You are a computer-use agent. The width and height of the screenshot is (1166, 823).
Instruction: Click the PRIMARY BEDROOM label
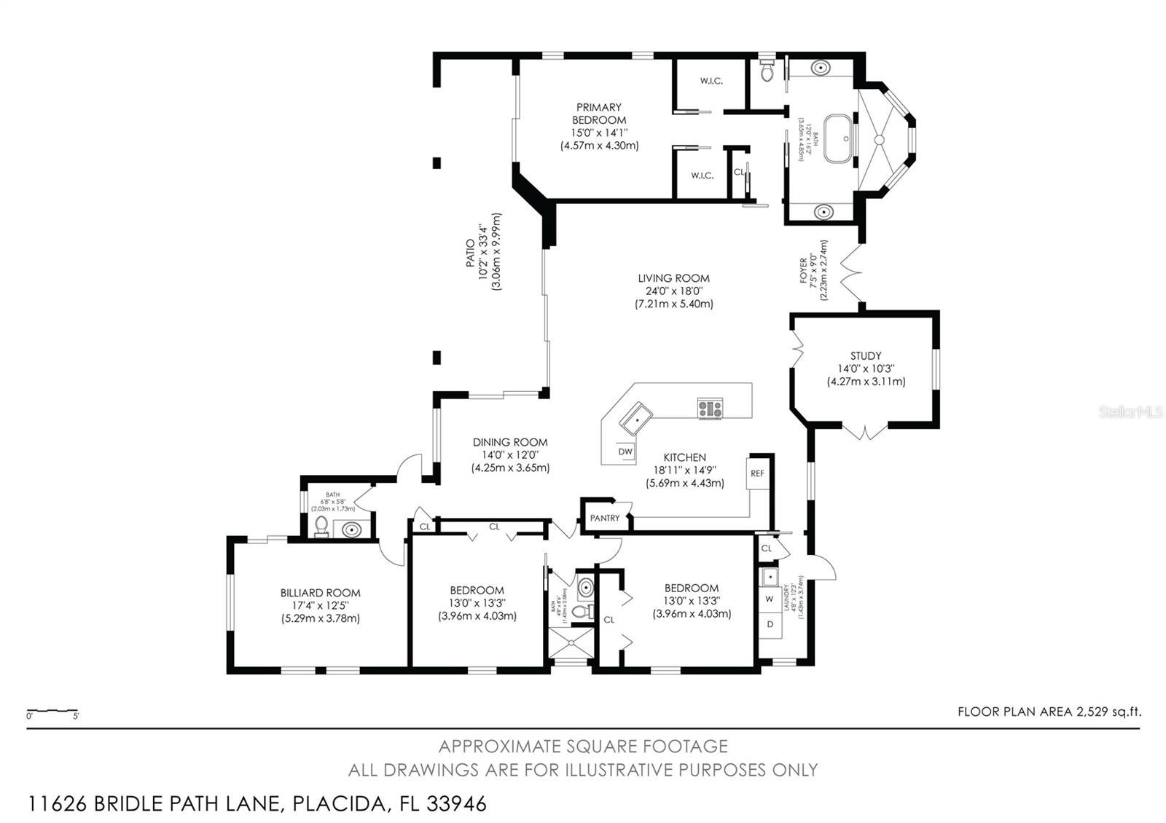point(598,114)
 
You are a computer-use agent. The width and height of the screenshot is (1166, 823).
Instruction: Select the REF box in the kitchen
point(757,473)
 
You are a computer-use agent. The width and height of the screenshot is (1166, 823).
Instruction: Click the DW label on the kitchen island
point(625,452)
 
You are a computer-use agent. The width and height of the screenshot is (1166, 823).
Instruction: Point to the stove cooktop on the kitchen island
point(710,409)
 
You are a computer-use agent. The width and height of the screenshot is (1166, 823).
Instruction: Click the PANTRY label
point(605,518)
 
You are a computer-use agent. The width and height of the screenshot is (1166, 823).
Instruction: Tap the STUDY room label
point(866,356)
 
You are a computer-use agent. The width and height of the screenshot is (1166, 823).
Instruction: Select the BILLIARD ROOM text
point(321,593)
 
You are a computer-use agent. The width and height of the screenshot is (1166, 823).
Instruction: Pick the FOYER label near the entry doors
point(804,271)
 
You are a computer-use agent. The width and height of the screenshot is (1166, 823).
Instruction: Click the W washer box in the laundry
point(770,599)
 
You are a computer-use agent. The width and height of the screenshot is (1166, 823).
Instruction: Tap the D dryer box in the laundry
point(770,624)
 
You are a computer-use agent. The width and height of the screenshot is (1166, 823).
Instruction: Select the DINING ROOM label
point(510,442)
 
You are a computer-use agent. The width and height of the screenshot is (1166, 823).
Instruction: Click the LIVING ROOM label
point(673,278)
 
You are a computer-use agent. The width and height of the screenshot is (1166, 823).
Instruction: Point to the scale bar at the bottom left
point(52,710)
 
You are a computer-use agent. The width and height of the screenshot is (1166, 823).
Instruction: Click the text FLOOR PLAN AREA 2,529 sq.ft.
point(1049,712)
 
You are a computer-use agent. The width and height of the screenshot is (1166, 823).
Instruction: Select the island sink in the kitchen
point(636,418)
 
